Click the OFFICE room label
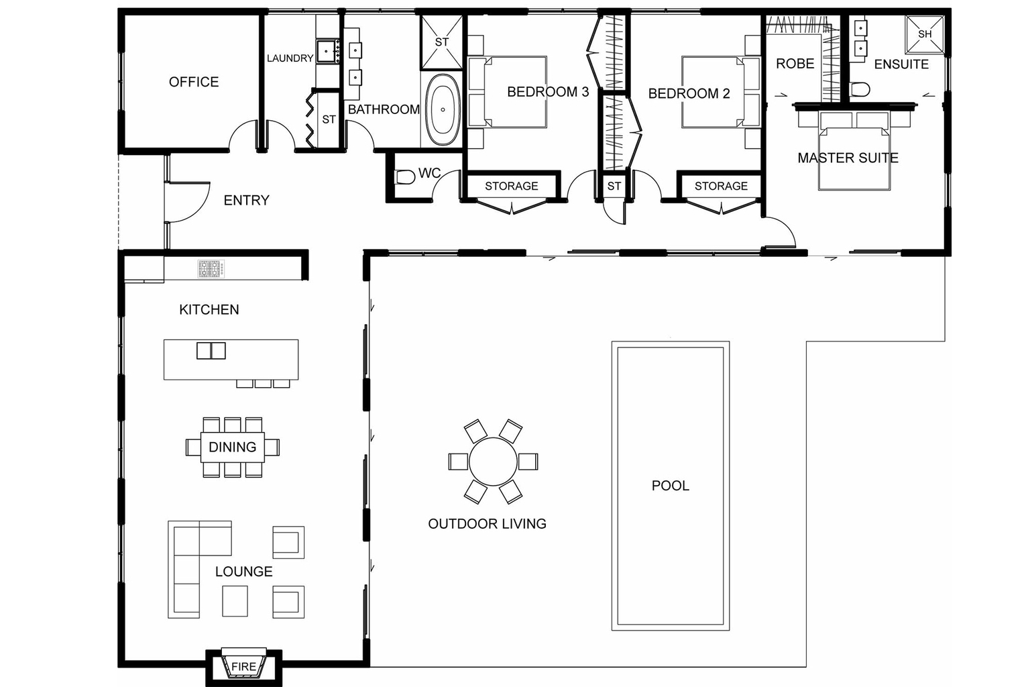point(194,82)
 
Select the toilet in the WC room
point(405,177)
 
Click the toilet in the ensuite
point(860,89)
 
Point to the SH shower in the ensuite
point(924,34)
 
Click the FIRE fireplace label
point(243,666)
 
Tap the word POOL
point(670,485)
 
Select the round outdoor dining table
point(493,462)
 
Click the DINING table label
point(232,447)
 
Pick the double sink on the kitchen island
point(211,351)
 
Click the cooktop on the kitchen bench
point(210,269)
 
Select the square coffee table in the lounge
point(235,600)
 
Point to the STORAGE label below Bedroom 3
point(511,186)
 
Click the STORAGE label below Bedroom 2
point(720,186)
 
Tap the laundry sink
point(327,51)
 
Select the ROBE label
point(795,64)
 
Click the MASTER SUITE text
point(848,158)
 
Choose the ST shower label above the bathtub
point(441,42)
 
